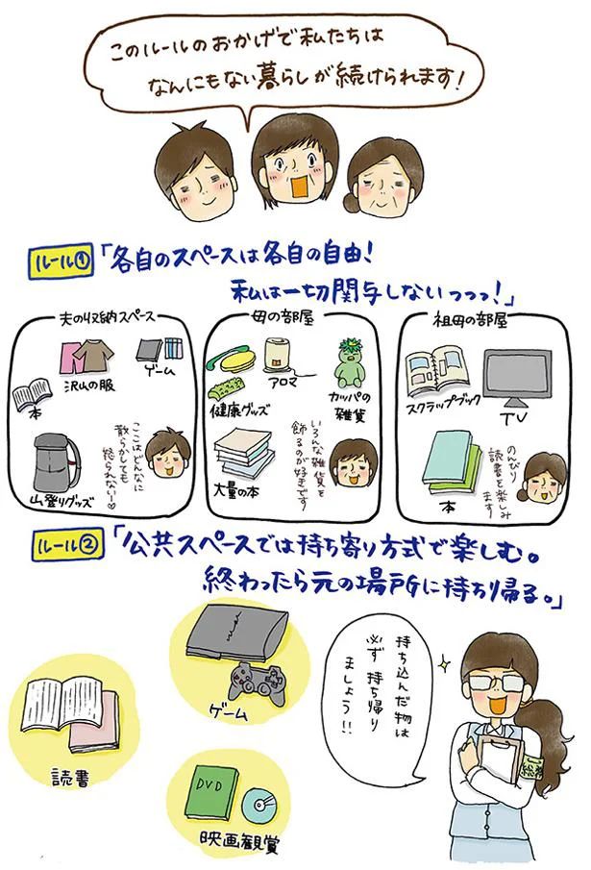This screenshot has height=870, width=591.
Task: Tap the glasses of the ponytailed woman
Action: click(492, 676)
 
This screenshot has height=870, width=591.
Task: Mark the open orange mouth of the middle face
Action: click(295, 184)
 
